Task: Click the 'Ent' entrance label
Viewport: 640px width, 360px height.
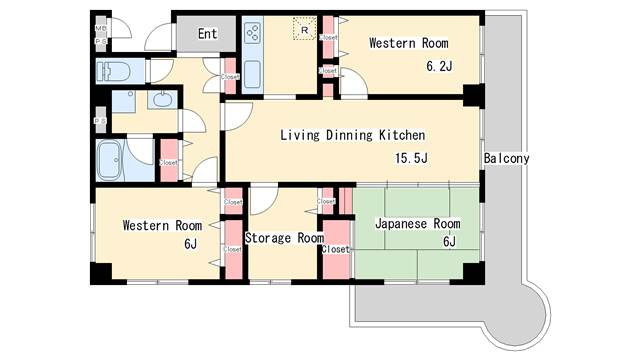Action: click(207, 34)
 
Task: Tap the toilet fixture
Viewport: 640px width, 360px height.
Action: click(113, 72)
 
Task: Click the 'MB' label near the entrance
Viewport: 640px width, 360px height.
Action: click(100, 29)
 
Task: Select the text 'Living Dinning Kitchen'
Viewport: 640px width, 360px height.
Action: click(353, 135)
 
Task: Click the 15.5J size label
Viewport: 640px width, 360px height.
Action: click(410, 158)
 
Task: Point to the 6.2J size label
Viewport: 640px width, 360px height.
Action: click(440, 67)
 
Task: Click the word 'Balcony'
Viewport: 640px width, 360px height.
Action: click(506, 159)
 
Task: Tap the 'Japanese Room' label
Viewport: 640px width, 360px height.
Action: click(417, 223)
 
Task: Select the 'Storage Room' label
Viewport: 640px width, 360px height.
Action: click(284, 238)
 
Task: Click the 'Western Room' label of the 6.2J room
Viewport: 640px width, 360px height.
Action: click(408, 43)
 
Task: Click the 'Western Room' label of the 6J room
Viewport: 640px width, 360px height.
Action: click(162, 225)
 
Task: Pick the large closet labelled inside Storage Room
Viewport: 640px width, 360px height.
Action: click(335, 249)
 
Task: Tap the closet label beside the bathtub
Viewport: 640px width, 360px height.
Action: click(168, 162)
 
